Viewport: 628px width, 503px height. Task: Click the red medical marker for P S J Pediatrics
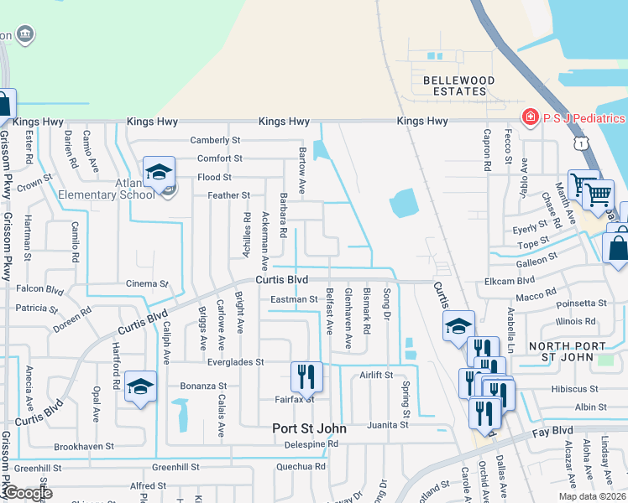click(530, 117)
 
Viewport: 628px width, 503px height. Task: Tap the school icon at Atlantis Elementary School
click(158, 172)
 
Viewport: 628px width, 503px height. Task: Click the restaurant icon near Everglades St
click(306, 377)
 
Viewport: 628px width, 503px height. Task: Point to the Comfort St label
click(219, 158)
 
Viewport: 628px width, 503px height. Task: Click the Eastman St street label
click(294, 299)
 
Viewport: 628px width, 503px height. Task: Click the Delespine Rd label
click(310, 443)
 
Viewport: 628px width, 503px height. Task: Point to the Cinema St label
click(148, 284)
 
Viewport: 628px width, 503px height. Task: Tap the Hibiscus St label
click(574, 389)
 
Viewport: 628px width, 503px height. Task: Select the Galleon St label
click(536, 261)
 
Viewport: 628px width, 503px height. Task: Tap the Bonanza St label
click(199, 386)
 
